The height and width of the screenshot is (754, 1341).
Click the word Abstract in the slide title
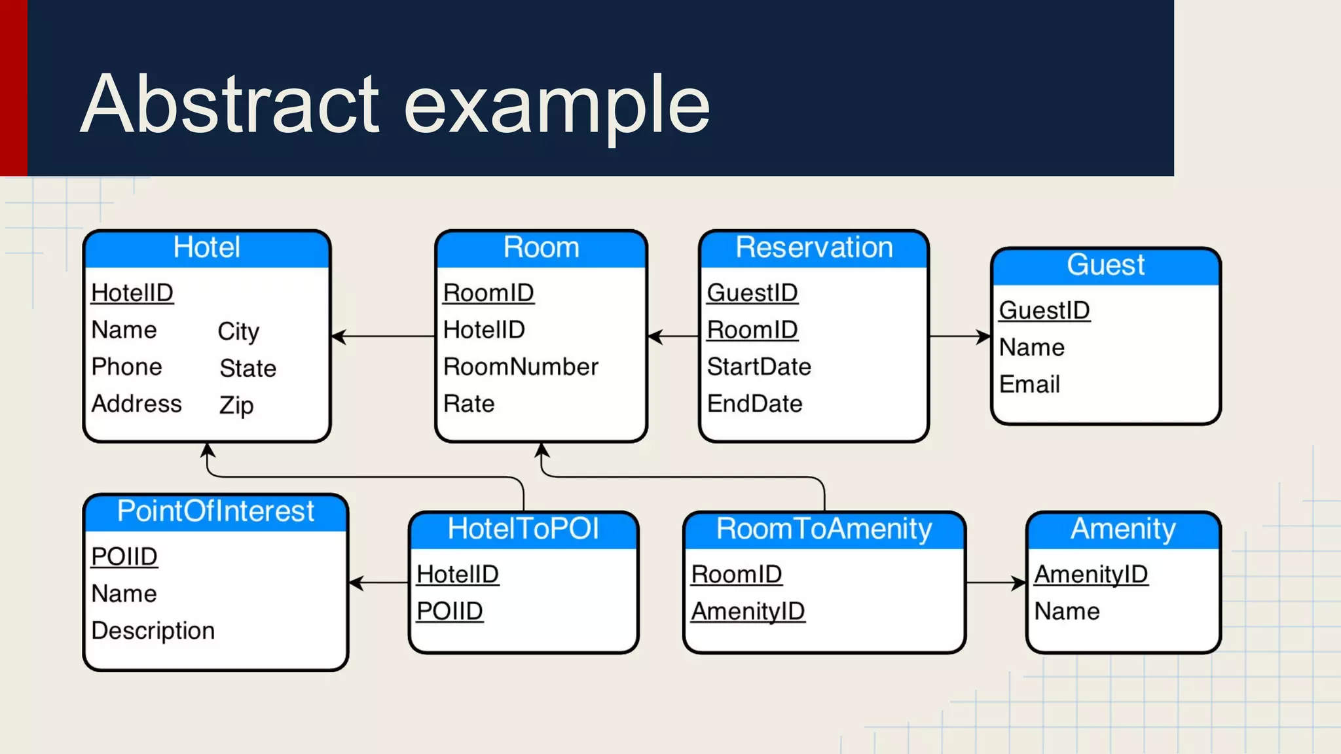[x=229, y=105]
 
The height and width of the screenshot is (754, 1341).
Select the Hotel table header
[x=207, y=248]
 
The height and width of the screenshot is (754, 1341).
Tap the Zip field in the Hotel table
[x=236, y=405]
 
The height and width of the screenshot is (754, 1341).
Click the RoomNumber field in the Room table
[x=521, y=367]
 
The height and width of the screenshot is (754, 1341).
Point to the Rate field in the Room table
[x=469, y=404]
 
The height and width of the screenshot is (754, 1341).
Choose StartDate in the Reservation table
[x=759, y=367]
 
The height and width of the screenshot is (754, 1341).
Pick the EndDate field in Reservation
[x=754, y=404]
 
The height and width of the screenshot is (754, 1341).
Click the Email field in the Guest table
[x=1029, y=384]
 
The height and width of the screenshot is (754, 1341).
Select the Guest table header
[x=1105, y=265]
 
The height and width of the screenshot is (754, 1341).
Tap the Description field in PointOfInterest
[x=153, y=630]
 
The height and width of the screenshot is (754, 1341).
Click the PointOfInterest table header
[x=215, y=511]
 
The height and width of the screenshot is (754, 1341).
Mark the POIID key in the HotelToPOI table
[x=450, y=611]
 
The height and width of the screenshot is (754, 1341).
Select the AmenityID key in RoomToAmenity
[x=748, y=611]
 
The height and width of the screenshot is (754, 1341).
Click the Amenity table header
[x=1123, y=529]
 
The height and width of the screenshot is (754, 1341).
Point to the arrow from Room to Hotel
[x=383, y=337]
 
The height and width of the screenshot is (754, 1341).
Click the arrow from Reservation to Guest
[x=960, y=337]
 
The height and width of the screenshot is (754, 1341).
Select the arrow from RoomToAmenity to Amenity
[x=995, y=583]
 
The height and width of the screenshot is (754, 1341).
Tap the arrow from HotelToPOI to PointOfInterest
[x=379, y=583]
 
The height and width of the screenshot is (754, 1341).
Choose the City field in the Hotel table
[x=238, y=331]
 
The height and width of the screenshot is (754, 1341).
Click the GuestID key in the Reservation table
[x=752, y=293]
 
